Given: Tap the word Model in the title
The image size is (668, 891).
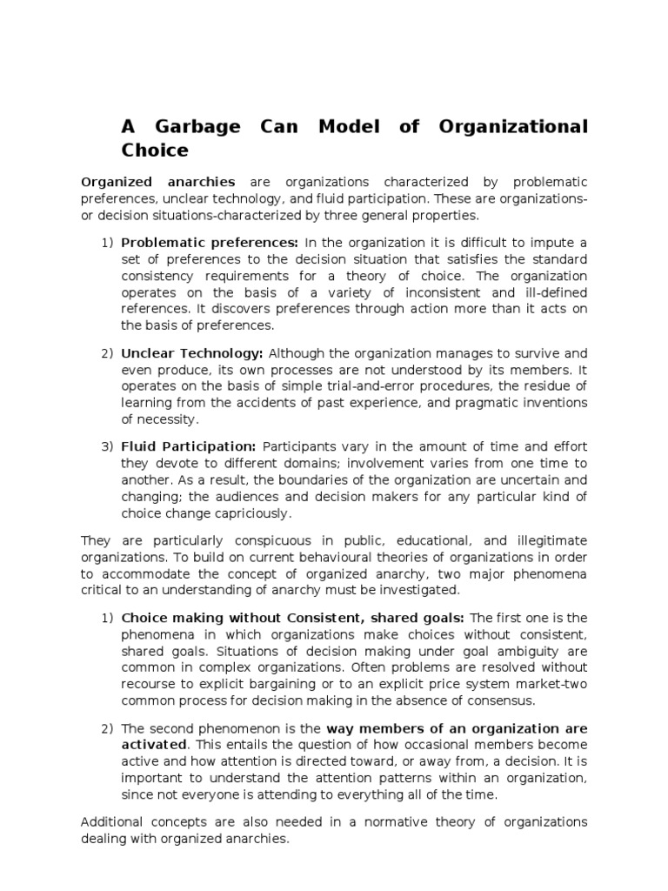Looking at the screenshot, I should point(348,127).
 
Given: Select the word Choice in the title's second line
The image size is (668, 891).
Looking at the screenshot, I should point(155,151).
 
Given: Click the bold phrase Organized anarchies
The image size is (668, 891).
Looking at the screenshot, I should point(157,182).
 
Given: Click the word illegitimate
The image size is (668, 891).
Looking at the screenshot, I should point(548,541).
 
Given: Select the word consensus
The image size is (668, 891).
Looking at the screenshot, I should point(504,700).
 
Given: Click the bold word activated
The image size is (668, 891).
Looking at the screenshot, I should point(154,745).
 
